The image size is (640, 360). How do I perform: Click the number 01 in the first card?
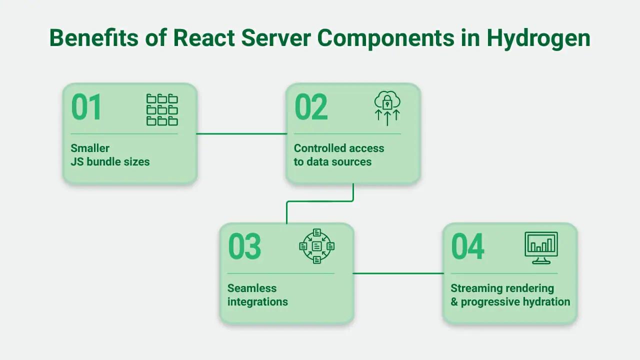(86, 107)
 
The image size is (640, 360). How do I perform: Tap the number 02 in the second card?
(311, 107)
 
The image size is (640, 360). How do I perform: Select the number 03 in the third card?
(244, 246)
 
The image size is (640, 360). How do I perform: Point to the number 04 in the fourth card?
(467, 246)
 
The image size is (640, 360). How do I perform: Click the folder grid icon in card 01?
(162, 109)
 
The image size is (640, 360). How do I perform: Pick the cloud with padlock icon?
(387, 107)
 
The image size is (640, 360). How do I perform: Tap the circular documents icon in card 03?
(316, 246)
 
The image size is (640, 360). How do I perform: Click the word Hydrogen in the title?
(538, 38)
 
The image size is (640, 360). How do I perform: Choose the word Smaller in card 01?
(90, 148)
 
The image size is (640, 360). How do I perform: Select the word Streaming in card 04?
(475, 288)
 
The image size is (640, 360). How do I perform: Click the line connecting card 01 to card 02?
(241, 133)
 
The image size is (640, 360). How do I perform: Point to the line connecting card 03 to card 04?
(398, 273)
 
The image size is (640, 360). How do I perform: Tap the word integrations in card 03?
(257, 302)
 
